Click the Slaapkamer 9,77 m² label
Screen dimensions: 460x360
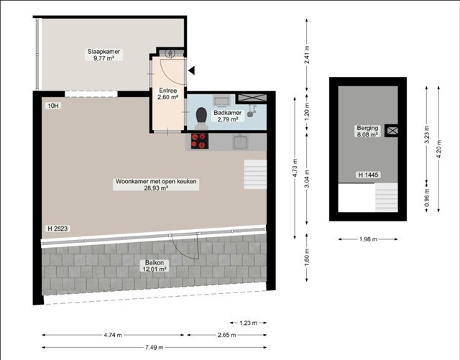(x=103, y=55)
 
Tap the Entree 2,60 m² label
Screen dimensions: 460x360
(x=167, y=93)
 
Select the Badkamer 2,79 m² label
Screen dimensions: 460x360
(x=227, y=116)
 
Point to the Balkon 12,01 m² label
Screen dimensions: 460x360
(x=155, y=266)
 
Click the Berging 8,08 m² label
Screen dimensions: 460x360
(x=367, y=131)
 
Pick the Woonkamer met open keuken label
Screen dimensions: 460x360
(x=156, y=181)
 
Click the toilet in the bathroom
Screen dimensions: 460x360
(x=201, y=118)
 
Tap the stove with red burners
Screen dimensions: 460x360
(x=199, y=141)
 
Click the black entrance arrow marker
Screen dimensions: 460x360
(x=192, y=70)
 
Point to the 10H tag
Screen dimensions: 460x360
(x=52, y=106)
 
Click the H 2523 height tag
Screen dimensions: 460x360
(x=57, y=229)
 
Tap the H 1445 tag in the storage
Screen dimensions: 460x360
(x=369, y=175)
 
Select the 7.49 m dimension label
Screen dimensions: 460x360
(x=155, y=347)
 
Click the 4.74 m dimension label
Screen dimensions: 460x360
(x=113, y=335)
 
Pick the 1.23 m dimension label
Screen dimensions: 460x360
(x=248, y=323)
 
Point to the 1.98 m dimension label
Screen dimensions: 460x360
(x=368, y=239)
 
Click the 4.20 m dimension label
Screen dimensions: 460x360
(x=439, y=149)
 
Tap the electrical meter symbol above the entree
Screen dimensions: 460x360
(x=170, y=53)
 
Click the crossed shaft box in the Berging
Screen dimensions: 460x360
(x=392, y=131)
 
